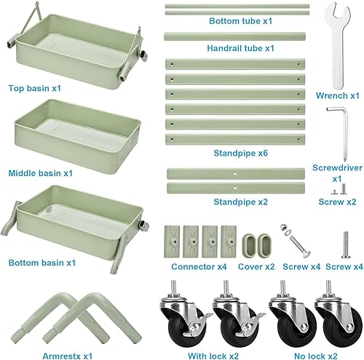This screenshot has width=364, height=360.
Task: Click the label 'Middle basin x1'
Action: [x=41, y=173]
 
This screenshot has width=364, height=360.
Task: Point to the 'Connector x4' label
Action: [x=198, y=266]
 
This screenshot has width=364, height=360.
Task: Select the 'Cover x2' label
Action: [x=256, y=266]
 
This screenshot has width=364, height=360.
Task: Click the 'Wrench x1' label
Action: [x=337, y=95]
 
